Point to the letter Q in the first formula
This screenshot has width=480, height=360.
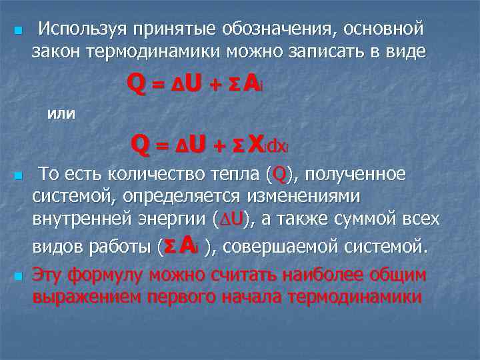tap(137, 85)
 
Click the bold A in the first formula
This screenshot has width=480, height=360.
tap(251, 84)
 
